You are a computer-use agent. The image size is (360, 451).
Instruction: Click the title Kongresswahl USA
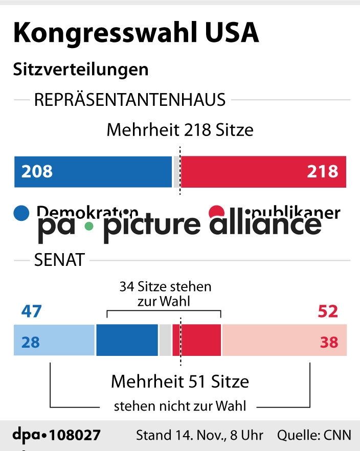pyautogui.click(x=136, y=33)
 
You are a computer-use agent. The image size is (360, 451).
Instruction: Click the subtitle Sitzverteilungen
pyautogui.click(x=81, y=69)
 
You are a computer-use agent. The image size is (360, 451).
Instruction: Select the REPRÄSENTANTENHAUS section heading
pyautogui.click(x=129, y=100)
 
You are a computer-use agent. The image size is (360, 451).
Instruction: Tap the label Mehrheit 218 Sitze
pyautogui.click(x=179, y=130)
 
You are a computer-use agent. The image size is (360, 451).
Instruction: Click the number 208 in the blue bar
pyautogui.click(x=37, y=171)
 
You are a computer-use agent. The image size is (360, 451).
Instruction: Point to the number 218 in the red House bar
pyautogui.click(x=322, y=171)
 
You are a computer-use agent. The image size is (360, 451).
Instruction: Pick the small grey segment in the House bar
pyautogui.click(x=176, y=172)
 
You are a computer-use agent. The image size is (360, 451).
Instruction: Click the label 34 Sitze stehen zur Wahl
pyautogui.click(x=165, y=294)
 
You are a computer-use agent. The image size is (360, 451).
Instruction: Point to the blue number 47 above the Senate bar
pyautogui.click(x=31, y=311)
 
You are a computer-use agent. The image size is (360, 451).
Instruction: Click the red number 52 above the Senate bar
pyautogui.click(x=328, y=311)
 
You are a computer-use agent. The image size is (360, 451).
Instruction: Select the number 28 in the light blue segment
pyautogui.click(x=30, y=342)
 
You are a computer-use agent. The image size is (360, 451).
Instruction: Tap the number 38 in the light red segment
pyautogui.click(x=329, y=342)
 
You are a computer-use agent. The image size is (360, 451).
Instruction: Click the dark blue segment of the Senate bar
pyautogui.click(x=127, y=340)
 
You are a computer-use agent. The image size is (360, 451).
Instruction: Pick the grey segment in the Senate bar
pyautogui.click(x=165, y=340)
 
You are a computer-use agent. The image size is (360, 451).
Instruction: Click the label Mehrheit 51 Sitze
pyautogui.click(x=179, y=381)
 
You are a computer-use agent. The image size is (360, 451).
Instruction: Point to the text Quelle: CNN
pyautogui.click(x=314, y=435)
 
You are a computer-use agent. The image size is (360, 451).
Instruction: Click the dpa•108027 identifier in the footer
pyautogui.click(x=56, y=435)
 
